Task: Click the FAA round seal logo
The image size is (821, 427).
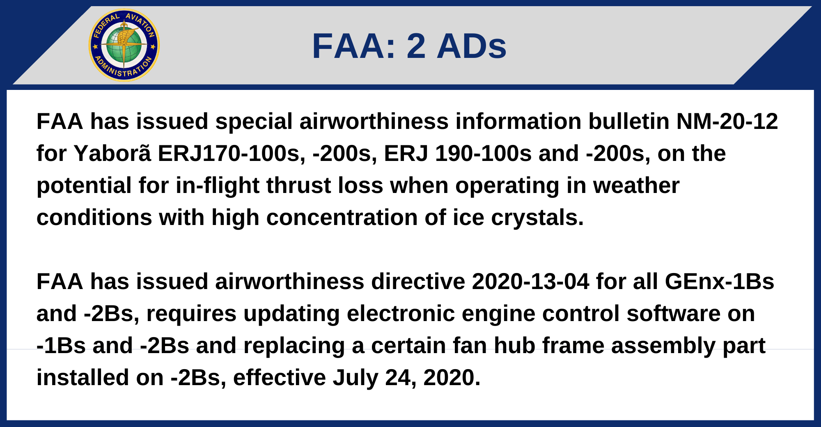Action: (x=124, y=45)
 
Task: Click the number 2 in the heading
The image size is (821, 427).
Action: (x=416, y=46)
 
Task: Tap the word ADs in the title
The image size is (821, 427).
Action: (x=472, y=46)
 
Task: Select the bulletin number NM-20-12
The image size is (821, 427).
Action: (x=727, y=122)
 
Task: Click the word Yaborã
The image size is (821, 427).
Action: (x=112, y=154)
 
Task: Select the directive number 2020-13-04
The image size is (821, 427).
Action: (x=530, y=282)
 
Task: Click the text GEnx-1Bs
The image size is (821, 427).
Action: (x=719, y=282)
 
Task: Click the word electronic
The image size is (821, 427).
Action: (x=401, y=314)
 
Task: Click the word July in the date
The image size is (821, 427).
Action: (x=355, y=378)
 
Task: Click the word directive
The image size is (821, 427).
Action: (x=418, y=282)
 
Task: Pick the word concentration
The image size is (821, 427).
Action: (x=342, y=218)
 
